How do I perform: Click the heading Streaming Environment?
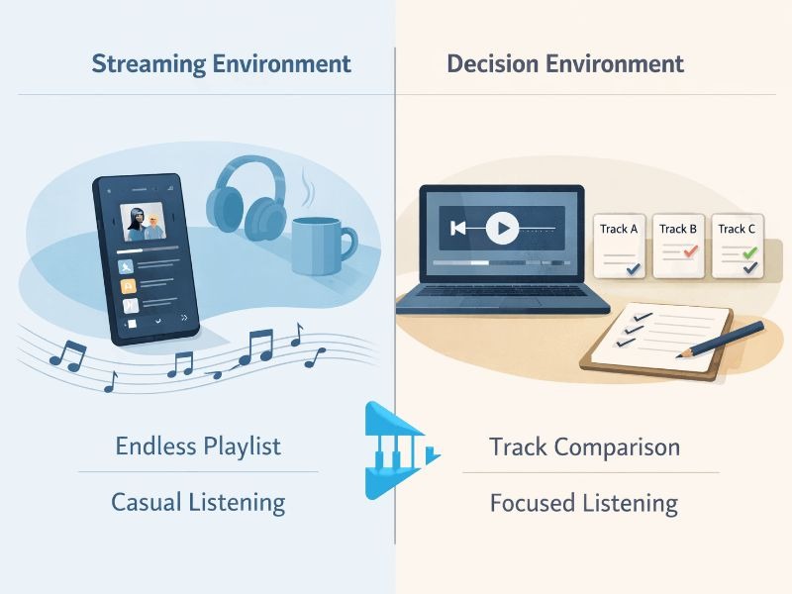click(221, 64)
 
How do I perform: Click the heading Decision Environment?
click(564, 64)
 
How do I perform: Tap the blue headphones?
click(246, 201)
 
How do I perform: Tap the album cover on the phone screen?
click(145, 224)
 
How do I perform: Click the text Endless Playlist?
click(198, 445)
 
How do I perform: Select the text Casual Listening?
click(198, 502)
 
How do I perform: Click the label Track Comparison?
click(584, 446)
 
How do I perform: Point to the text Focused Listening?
click(584, 503)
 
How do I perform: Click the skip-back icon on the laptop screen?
click(457, 230)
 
